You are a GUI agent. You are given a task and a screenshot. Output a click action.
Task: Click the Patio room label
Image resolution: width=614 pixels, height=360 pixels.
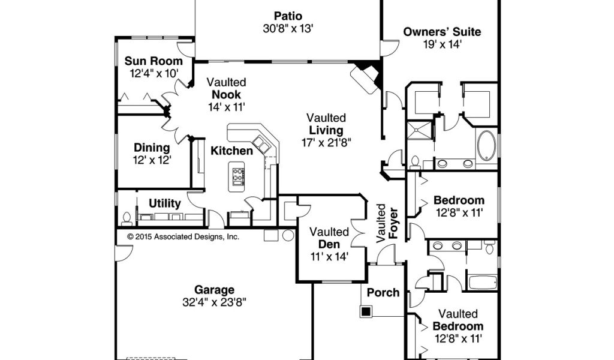coord(288,16)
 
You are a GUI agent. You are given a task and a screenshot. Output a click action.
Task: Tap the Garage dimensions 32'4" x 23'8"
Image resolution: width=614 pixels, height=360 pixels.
coord(214,302)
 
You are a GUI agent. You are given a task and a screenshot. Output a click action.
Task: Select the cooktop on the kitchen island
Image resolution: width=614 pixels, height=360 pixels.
coord(238,176)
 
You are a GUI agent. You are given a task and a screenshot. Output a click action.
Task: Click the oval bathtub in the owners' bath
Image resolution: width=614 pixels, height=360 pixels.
coord(486,145)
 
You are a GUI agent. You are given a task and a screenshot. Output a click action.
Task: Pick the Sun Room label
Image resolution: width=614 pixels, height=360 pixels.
coord(153,61)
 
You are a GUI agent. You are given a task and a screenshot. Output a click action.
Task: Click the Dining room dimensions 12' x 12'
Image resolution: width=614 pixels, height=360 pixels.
coord(152,160)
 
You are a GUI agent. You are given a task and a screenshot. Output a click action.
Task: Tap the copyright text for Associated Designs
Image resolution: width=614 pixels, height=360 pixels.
coord(183,236)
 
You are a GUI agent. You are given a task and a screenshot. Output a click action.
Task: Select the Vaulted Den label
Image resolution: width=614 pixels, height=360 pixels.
coord(329,238)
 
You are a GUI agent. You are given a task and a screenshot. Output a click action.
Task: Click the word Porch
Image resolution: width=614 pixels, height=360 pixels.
coord(383,293)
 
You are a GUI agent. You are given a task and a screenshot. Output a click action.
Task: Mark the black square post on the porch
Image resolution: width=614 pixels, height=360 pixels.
coord(366,312)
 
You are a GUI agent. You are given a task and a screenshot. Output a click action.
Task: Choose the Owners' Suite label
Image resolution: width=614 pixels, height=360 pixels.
coord(442,32)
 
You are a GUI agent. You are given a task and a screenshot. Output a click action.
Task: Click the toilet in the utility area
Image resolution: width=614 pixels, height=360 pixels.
coord(127,219)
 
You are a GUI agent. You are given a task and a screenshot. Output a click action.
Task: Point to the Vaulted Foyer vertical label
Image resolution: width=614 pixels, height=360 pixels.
coord(387,224)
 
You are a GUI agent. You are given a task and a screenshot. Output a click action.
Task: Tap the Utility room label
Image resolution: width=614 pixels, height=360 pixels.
coord(164,203)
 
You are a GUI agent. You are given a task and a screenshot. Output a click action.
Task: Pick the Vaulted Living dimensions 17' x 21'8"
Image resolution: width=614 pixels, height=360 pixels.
coord(326,143)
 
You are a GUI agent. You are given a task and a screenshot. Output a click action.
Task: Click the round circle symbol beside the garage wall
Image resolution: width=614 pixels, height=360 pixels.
coord(288,235)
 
